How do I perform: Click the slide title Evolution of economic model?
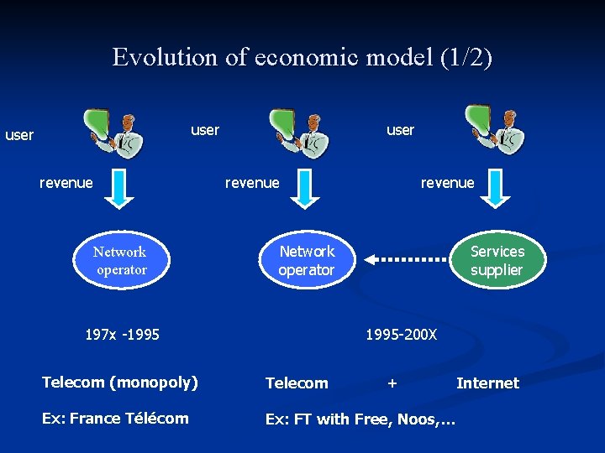click(302, 57)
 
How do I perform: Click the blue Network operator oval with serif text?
click(120, 261)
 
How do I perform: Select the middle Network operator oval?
click(307, 261)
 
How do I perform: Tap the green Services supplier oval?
click(497, 261)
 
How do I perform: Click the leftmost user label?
click(19, 134)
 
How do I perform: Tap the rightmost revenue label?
click(447, 183)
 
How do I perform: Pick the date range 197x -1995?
click(123, 335)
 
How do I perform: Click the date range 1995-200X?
click(401, 335)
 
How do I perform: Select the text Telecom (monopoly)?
click(120, 383)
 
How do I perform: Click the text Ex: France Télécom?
click(115, 418)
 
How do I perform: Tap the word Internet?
click(487, 383)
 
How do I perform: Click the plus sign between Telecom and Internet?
click(392, 383)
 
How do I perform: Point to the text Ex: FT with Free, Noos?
click(360, 419)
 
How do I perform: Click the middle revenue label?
click(252, 183)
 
